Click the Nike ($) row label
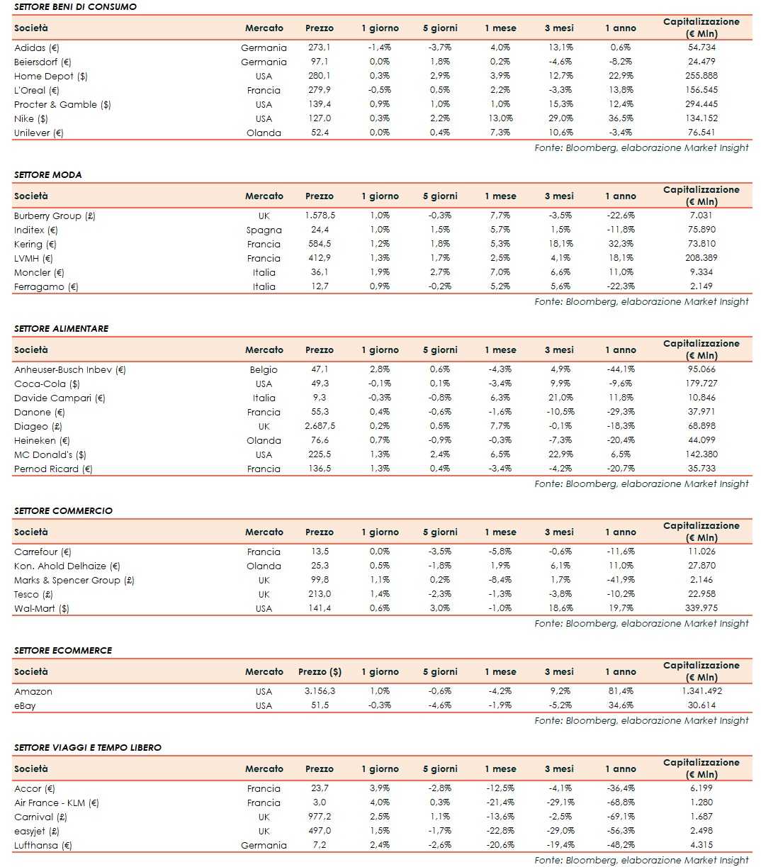point(31,118)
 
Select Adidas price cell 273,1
point(319,47)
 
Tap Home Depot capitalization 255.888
point(701,76)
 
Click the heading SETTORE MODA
point(47,174)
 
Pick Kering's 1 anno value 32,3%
point(621,244)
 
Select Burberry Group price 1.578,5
point(320,216)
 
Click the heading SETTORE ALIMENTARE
point(61,328)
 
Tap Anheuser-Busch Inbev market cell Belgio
point(264,369)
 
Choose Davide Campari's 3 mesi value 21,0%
point(560,398)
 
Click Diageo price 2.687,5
point(320,426)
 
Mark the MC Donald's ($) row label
point(50,454)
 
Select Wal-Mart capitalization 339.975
point(701,608)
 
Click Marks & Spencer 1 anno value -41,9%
point(621,580)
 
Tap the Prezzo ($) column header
point(320,671)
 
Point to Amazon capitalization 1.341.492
point(701,691)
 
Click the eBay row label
point(25,705)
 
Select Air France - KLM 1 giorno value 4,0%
point(380,802)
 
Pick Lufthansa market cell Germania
point(264,845)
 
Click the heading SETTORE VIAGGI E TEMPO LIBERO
point(87,747)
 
